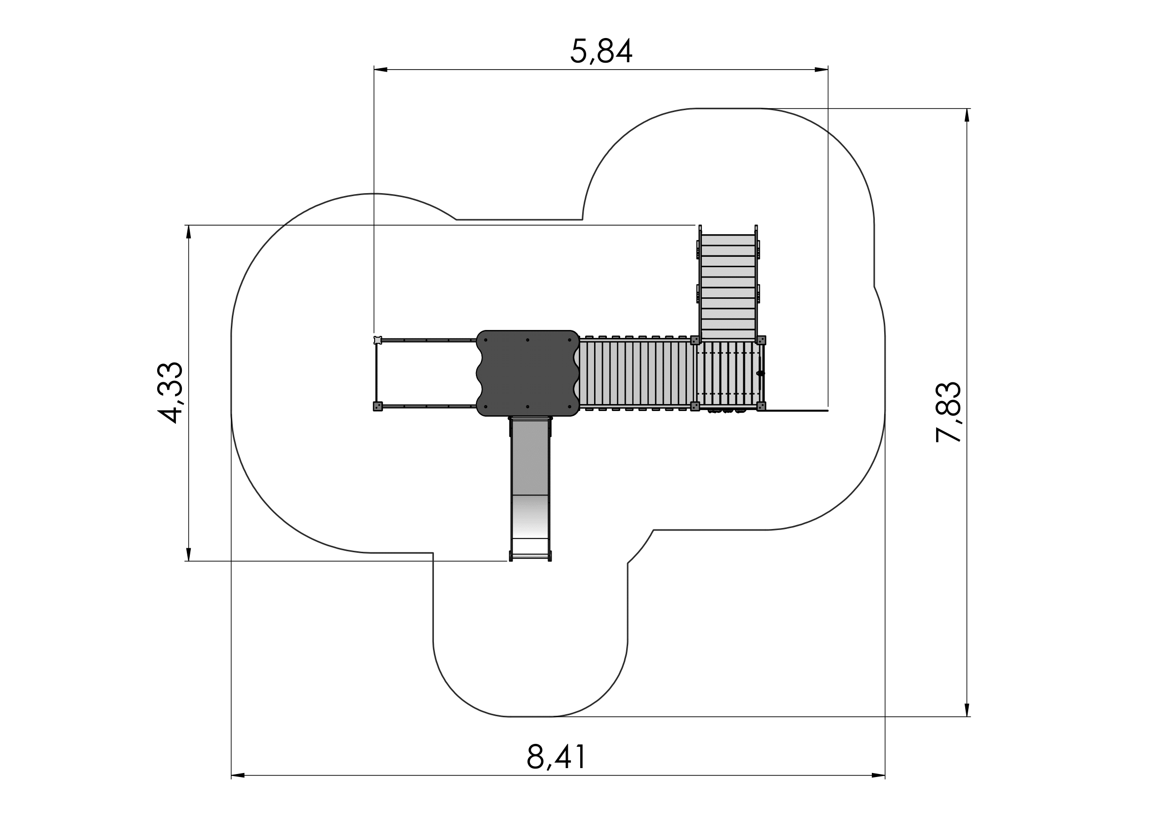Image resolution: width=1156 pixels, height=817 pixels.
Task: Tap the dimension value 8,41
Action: point(557,756)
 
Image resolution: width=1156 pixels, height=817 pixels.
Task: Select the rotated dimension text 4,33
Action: point(170,392)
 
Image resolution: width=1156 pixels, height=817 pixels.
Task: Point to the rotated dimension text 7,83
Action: point(947,412)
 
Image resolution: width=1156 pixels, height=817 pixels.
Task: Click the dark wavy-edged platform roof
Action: point(528,373)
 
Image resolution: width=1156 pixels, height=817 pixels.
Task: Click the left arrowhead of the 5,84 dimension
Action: point(381,70)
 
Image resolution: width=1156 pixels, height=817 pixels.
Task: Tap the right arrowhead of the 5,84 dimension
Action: point(821,70)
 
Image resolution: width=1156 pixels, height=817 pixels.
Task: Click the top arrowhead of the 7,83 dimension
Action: point(967,115)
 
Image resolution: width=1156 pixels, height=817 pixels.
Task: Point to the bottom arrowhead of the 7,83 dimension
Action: point(967,709)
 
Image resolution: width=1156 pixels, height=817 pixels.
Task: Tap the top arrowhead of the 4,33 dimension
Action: point(189,232)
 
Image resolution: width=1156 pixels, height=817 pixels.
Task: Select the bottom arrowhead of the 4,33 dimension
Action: point(189,554)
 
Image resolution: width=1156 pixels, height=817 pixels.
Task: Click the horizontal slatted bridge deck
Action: point(638,373)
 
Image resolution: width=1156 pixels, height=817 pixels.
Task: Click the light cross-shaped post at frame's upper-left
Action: point(378,340)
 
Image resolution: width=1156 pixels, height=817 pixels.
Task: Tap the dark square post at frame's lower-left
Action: point(378,407)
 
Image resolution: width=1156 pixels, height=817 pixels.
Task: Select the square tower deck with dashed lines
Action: point(728,373)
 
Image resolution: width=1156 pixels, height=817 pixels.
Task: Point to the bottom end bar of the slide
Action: point(530,556)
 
